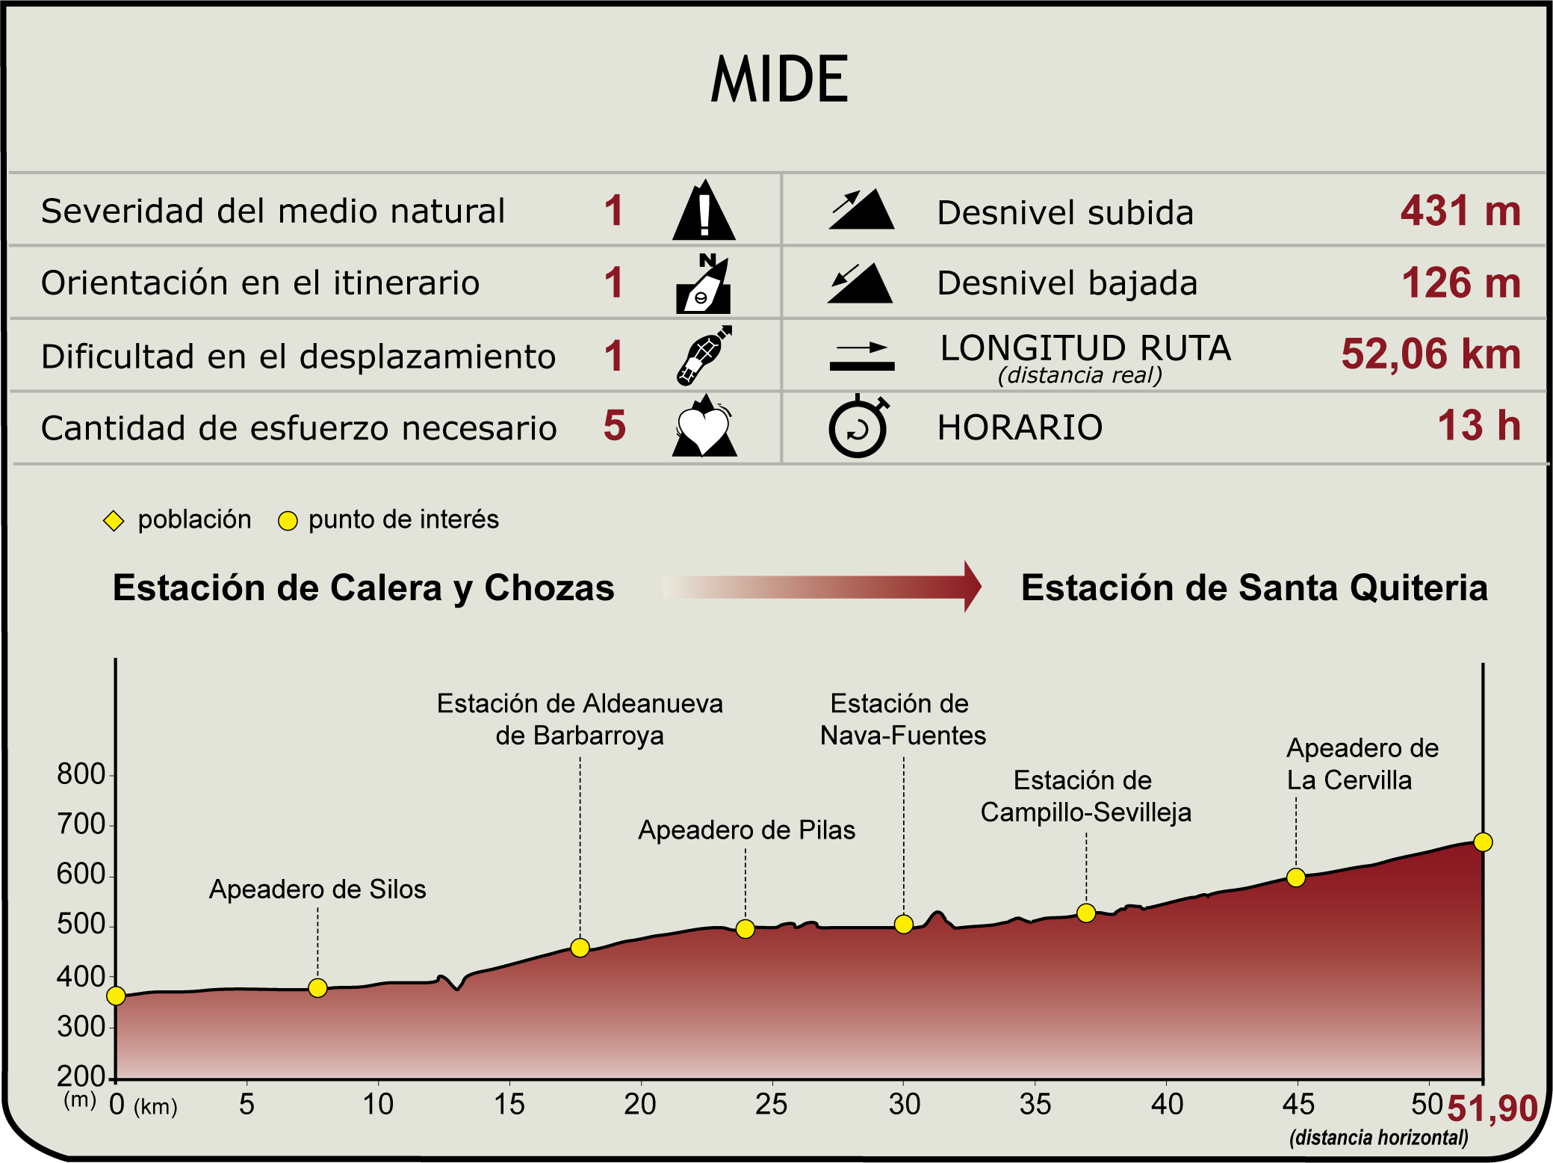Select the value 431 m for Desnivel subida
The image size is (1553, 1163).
[x=1460, y=211]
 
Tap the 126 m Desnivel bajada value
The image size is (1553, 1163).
[x=1460, y=283]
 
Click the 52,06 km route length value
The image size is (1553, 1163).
[x=1430, y=354]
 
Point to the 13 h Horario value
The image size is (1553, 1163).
[x=1478, y=426]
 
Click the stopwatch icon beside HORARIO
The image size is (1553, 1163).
[x=858, y=427]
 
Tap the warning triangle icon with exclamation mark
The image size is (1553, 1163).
[x=704, y=212]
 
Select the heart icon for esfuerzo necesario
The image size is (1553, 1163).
[x=704, y=427]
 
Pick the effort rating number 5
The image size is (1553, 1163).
[x=614, y=426]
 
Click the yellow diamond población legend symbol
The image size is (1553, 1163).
[x=114, y=521]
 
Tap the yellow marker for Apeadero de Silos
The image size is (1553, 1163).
[x=317, y=988]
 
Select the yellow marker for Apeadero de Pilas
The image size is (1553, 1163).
[x=745, y=929]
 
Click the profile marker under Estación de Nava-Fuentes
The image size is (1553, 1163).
[x=903, y=925]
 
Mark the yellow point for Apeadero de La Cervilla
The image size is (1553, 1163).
[x=1296, y=877]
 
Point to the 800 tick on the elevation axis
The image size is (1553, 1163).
[x=81, y=775]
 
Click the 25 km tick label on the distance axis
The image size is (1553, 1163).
[x=771, y=1105]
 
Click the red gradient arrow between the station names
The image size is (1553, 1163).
[x=822, y=587]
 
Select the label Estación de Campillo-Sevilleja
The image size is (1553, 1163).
[x=1085, y=796]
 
